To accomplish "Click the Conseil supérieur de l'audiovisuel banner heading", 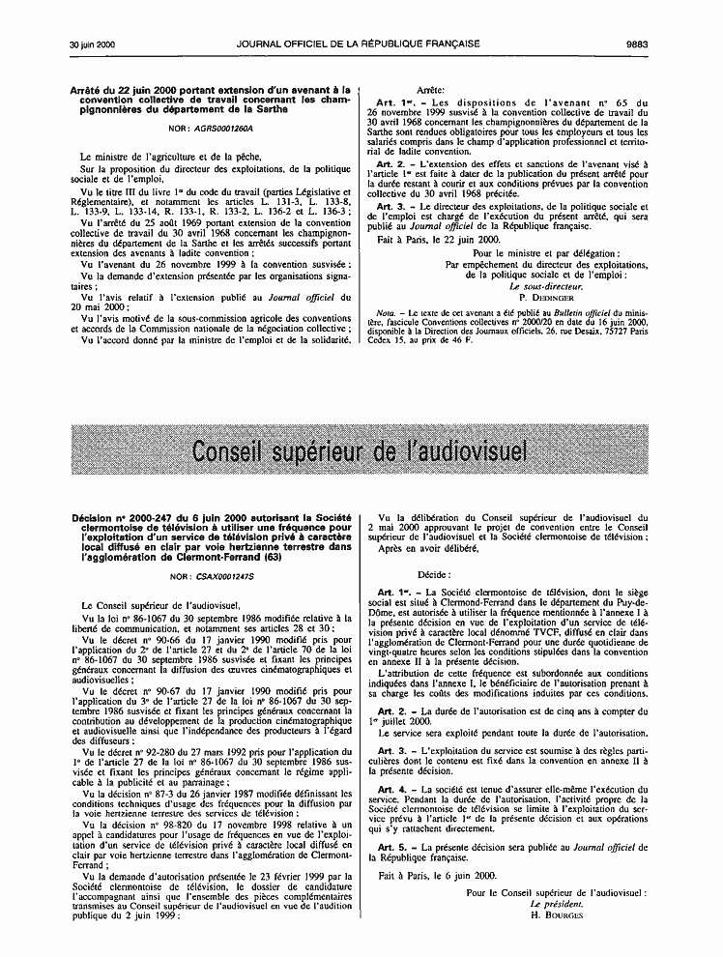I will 361,451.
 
